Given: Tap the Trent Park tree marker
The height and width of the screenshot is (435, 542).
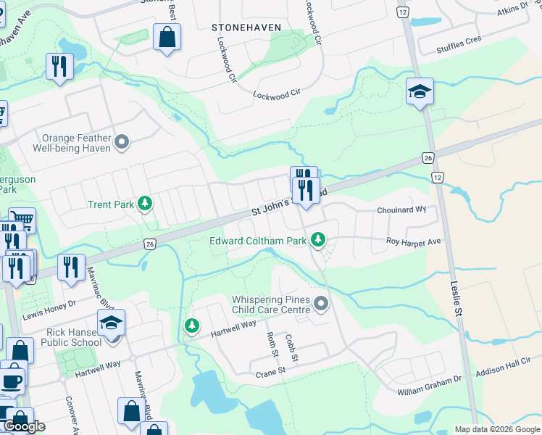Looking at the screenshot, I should [146, 204].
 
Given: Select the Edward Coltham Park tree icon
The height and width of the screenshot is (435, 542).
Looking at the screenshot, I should [317, 239].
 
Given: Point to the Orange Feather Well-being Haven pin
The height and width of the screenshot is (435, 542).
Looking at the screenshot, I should [122, 142].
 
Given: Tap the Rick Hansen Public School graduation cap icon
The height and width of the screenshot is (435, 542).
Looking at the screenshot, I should [111, 323].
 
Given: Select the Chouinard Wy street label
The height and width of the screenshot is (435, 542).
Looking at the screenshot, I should [401, 210].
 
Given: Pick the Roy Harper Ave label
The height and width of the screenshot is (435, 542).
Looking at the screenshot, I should [413, 241].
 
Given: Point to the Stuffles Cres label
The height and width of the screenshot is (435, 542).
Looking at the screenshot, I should [459, 46].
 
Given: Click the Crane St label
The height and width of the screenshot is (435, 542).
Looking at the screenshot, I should [272, 374].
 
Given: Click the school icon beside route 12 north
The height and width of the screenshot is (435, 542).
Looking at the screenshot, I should [420, 91].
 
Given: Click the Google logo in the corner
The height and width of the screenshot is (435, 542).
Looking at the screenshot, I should [24, 426].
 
